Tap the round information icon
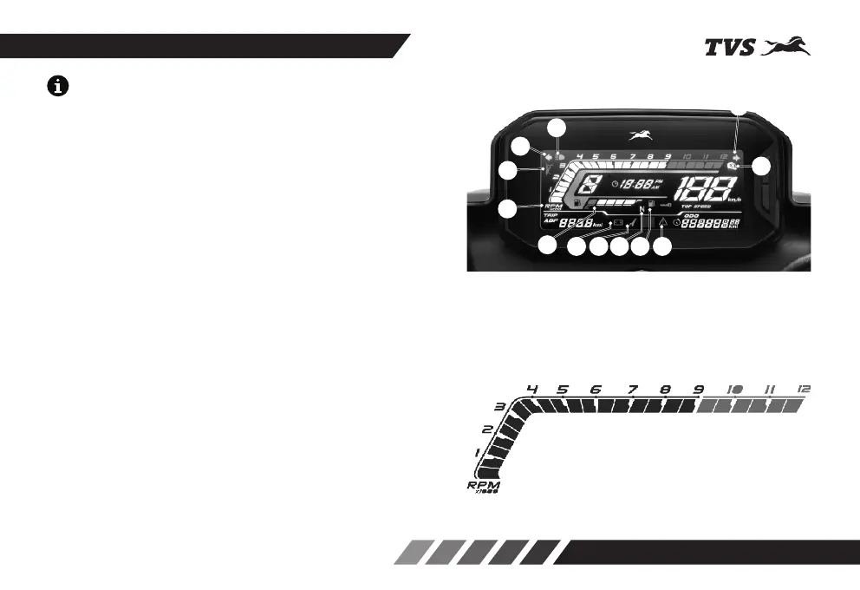(59, 87)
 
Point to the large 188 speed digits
(709, 190)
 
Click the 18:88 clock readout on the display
(633, 185)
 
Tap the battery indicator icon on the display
(619, 223)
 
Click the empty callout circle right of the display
(762, 168)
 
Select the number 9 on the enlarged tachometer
(699, 390)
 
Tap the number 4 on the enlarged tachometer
(532, 390)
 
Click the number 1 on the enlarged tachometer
(477, 453)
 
